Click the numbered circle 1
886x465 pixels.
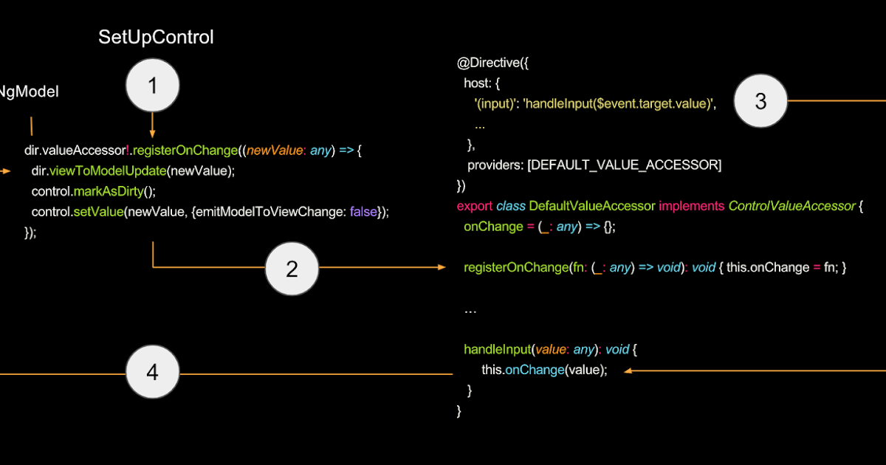pyautogui.click(x=152, y=86)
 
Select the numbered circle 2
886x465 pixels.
pyautogui.click(x=292, y=269)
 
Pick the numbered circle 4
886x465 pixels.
pyautogui.click(x=152, y=373)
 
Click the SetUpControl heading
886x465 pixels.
pyautogui.click(x=156, y=38)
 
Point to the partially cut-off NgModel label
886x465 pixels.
pyautogui.click(x=28, y=92)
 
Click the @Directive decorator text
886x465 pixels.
pyautogui.click(x=488, y=63)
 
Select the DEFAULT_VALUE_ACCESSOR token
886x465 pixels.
pyautogui.click(x=624, y=165)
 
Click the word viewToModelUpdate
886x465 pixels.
pyautogui.click(x=107, y=171)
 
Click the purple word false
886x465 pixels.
pyautogui.click(x=363, y=212)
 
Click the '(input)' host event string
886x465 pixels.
pyautogui.click(x=498, y=103)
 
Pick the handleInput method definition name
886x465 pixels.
pyautogui.click(x=495, y=349)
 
